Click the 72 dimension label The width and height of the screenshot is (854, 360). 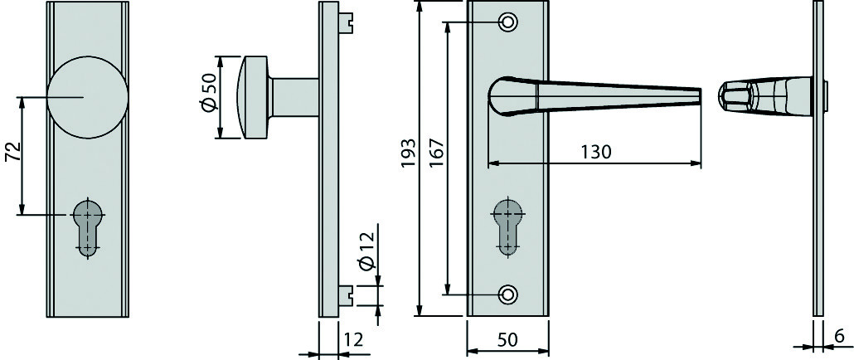coord(13,153)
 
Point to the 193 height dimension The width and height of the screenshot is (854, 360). coord(410,153)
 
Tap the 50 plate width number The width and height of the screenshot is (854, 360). coord(507,340)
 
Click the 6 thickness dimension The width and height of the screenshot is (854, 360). coord(839,336)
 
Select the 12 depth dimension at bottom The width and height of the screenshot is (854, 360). coord(353,340)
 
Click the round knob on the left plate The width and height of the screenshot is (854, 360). coord(87,97)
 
